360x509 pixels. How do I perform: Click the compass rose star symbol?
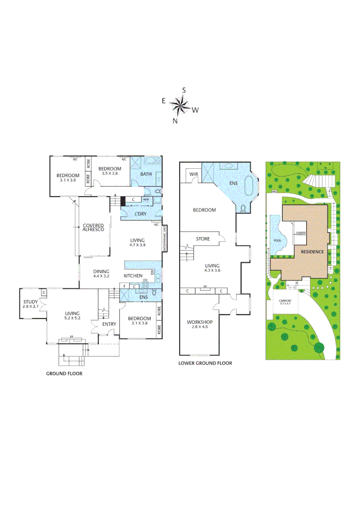(x=179, y=105)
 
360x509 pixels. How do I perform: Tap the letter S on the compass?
(x=184, y=90)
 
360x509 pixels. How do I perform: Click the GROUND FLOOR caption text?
(x=64, y=373)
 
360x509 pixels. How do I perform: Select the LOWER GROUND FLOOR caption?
(x=205, y=363)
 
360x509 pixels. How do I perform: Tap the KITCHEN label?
(x=133, y=275)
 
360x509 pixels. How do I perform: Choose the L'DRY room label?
(x=141, y=214)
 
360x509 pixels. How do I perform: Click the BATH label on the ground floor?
(x=146, y=174)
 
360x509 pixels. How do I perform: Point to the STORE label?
(x=203, y=239)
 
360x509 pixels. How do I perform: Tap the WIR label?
(x=193, y=174)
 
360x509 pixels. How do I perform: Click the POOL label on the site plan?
(x=277, y=240)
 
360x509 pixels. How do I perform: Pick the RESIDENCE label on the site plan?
(x=312, y=252)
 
